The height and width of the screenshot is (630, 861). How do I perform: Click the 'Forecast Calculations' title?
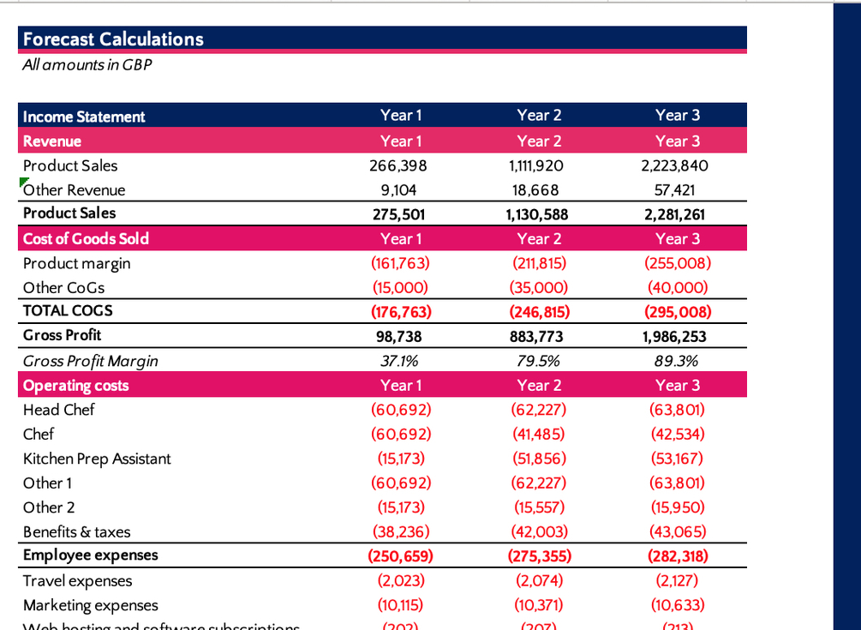(x=113, y=39)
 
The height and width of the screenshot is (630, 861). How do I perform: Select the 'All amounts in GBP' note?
(x=87, y=65)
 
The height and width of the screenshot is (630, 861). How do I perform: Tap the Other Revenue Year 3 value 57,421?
(x=677, y=189)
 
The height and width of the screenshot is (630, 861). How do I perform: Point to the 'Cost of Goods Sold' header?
(x=86, y=238)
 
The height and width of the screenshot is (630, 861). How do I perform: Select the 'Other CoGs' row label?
(x=63, y=288)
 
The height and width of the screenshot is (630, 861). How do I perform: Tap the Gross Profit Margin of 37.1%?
(x=400, y=361)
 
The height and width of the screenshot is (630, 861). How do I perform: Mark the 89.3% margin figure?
(x=677, y=361)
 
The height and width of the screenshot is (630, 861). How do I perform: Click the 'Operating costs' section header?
(x=75, y=386)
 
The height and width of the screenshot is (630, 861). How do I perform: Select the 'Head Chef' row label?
(x=58, y=410)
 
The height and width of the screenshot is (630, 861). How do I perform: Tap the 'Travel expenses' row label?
(x=77, y=581)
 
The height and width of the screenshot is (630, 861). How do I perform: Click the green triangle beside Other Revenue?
(x=21, y=182)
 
